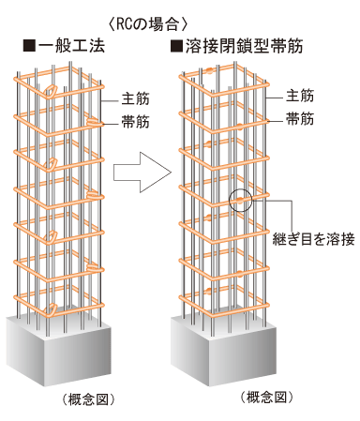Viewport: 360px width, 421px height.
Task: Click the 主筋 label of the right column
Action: [299, 98]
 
